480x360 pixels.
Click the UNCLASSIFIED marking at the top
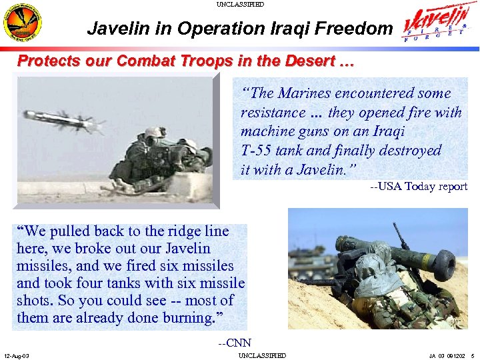click(x=240, y=4)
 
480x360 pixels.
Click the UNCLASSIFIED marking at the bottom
click(x=262, y=355)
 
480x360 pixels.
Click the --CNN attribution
click(x=235, y=343)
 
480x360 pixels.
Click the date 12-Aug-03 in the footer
click(x=16, y=355)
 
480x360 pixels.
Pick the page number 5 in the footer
click(x=472, y=355)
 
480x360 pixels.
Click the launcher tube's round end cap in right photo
click(x=445, y=265)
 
